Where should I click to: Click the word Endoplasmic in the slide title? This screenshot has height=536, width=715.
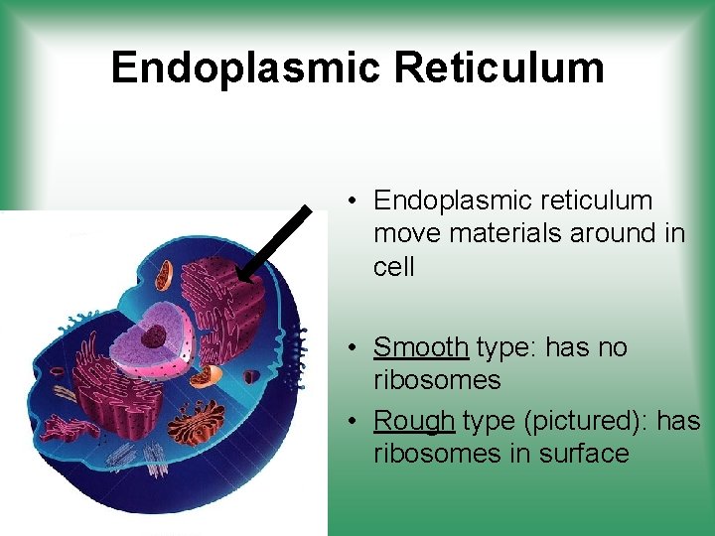[245, 67]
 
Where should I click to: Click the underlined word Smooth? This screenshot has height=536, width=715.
[420, 347]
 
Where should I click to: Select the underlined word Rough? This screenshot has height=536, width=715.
[414, 421]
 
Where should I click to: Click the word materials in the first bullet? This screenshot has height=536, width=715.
[502, 233]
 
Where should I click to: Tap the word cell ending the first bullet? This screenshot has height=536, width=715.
[394, 266]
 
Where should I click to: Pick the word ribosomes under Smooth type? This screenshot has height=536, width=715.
[437, 380]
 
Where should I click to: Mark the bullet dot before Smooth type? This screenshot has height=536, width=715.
[354, 348]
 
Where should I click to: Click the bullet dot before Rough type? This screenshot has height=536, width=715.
[354, 422]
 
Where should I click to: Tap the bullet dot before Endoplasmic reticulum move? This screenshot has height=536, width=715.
[354, 201]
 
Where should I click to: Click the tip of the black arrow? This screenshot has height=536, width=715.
[241, 278]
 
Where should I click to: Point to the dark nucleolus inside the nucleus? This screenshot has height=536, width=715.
[153, 336]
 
